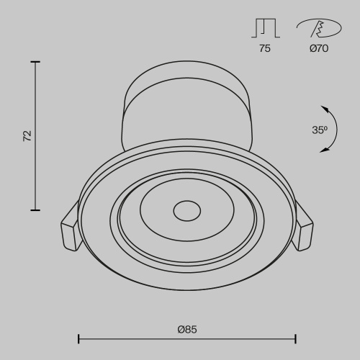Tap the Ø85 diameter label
click(186, 329)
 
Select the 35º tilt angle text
click(320, 130)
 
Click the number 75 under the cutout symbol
click(265, 49)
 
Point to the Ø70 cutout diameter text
click(319, 49)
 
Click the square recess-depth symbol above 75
click(265, 27)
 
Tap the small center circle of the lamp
click(186, 212)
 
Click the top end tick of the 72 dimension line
click(35, 62)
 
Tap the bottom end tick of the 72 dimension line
click(35, 210)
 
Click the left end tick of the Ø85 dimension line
click(78, 338)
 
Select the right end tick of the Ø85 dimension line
click(296, 338)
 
